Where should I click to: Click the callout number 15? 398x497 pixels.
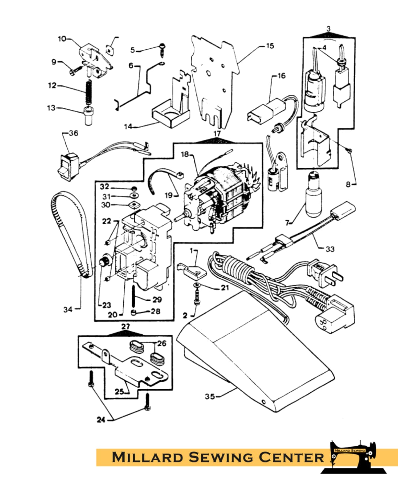[270, 46]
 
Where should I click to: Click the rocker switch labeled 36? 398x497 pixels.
[68, 167]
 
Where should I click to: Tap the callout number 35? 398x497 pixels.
[210, 396]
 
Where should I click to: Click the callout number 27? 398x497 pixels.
[126, 327]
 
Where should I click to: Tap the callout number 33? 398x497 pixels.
[330, 249]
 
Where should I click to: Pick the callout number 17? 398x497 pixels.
[217, 133]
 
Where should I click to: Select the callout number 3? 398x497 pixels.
[328, 29]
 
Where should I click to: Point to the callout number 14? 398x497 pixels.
[128, 126]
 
